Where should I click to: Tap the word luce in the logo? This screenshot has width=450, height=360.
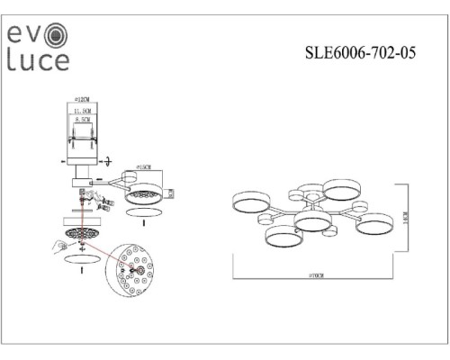pyautogui.click(x=38, y=60)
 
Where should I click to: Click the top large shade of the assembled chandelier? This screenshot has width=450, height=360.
pyautogui.click(x=342, y=188)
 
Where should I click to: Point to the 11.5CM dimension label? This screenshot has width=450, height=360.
pyautogui.click(x=85, y=110)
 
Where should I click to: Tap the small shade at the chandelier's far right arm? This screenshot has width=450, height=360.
pyautogui.click(x=359, y=207)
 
